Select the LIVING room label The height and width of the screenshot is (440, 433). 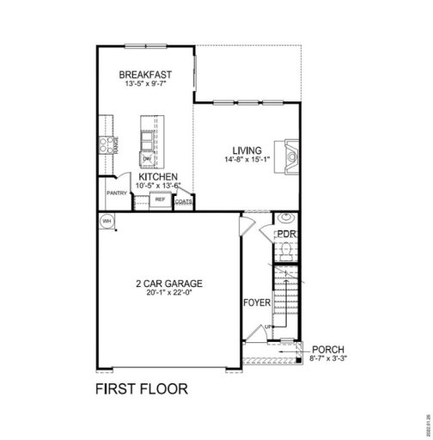tap(247, 150)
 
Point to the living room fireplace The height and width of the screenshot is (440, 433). tap(290, 157)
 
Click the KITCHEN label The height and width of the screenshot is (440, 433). tap(159, 175)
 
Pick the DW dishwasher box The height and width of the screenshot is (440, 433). tap(147, 159)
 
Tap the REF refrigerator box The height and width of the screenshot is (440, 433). tap(160, 199)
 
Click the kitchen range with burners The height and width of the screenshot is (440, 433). tap(107, 146)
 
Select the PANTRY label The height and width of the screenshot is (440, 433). tap(117, 193)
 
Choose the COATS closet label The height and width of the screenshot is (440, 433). tap(183, 202)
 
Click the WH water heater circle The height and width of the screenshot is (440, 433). tap(107, 221)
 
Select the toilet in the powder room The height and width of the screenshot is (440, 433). tap(287, 250)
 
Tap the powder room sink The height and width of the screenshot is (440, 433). tap(287, 218)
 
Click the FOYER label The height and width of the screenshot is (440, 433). tap(257, 302)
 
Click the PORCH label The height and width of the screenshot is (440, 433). tap(327, 349)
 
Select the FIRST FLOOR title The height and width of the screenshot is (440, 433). tap(140, 388)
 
